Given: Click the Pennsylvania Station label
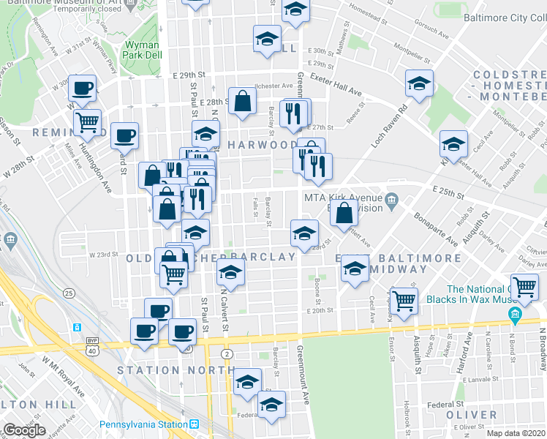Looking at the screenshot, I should (x=146, y=424).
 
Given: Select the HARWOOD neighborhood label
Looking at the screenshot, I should (x=261, y=145).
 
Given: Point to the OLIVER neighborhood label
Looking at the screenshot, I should (x=472, y=415).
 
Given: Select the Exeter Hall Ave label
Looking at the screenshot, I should (x=336, y=84).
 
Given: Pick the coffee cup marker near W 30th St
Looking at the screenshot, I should (x=82, y=88).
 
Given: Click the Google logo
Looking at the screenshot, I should (x=24, y=430).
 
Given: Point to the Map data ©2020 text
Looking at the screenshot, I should (x=516, y=433).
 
